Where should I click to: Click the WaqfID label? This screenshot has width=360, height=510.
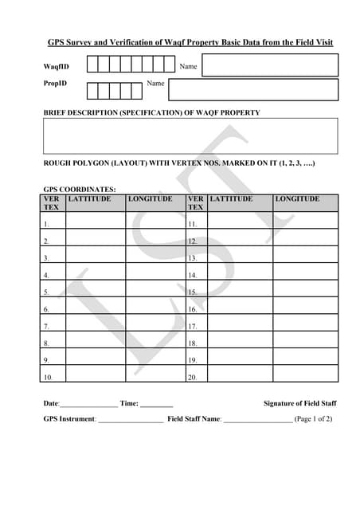57,66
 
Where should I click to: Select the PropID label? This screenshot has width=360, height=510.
55,84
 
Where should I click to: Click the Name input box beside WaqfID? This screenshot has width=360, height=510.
270,65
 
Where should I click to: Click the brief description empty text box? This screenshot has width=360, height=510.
190,135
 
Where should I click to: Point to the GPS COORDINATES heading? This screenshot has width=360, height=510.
80,190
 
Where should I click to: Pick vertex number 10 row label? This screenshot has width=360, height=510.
49,377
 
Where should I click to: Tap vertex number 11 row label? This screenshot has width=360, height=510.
193,225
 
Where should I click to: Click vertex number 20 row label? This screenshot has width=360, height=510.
193,377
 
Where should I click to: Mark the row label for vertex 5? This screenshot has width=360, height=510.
47,292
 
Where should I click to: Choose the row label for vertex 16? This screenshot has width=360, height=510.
193,309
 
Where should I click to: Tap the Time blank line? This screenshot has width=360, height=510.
156,404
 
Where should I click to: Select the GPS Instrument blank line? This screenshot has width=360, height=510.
130,419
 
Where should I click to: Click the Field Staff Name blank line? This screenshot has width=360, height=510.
257,419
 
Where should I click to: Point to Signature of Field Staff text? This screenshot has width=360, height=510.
299,403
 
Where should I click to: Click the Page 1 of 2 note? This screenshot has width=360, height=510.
313,418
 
